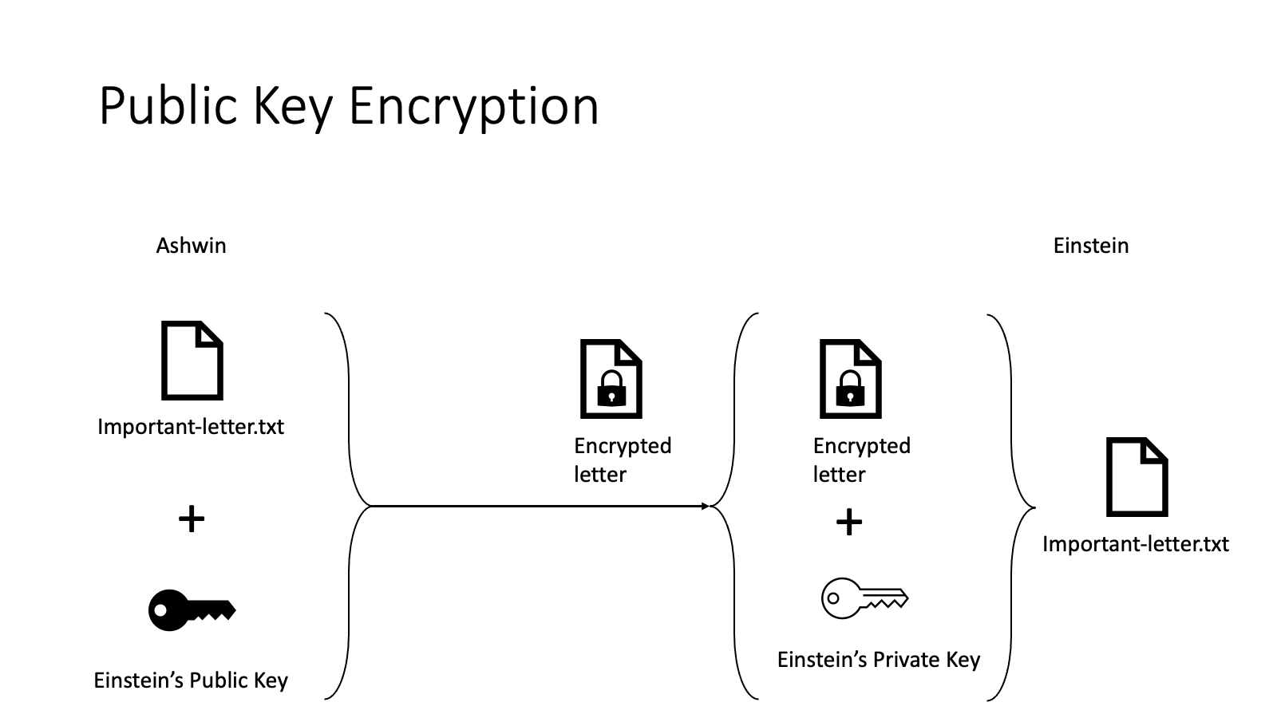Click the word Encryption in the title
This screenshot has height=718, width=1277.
(473, 106)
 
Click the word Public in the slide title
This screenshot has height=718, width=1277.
(168, 106)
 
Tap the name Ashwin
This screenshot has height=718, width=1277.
(191, 245)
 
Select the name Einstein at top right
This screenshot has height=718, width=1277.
(1090, 245)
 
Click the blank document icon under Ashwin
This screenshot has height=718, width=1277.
(192, 360)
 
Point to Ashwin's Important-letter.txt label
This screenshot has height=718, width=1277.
(191, 426)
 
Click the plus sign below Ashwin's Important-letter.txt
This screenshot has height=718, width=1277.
(192, 519)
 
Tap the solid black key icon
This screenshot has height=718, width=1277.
(191, 610)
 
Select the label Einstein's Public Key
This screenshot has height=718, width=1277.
(191, 680)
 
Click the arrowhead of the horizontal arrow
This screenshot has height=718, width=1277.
(705, 506)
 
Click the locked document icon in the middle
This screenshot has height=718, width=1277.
(611, 379)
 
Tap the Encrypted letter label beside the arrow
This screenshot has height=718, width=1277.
(622, 460)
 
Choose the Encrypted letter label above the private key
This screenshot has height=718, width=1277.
(861, 460)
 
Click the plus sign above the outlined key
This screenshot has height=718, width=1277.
(849, 523)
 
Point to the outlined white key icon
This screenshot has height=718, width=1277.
(864, 598)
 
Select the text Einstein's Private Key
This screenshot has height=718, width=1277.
(878, 660)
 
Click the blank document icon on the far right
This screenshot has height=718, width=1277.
(1137, 476)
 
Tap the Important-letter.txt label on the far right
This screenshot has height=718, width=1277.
(1135, 544)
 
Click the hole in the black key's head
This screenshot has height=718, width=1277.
(161, 610)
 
